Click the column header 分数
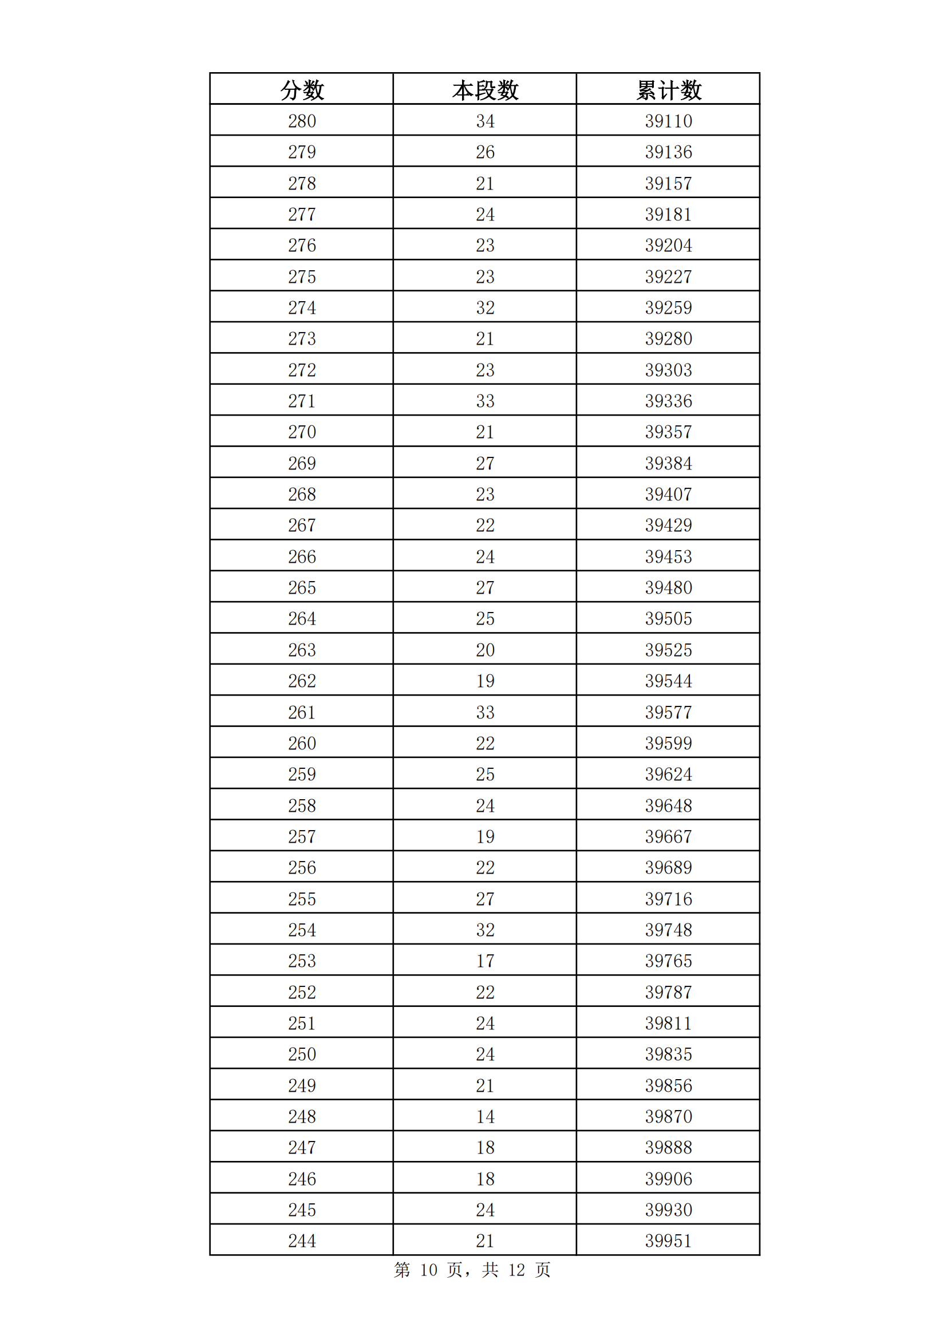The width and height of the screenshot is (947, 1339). pos(302,90)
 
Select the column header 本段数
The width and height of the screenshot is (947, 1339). pos(484,90)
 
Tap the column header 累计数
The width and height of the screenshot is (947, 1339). pos(668,90)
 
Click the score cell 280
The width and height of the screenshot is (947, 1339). pos(302,121)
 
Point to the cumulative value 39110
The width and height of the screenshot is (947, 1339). pos(668,121)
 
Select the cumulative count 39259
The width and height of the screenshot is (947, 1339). pos(668,307)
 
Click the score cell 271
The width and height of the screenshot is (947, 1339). pos(302,401)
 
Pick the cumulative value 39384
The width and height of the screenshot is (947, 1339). pos(668,463)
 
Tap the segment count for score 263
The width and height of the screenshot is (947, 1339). pos(484,650)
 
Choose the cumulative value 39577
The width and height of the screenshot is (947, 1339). pos(668,712)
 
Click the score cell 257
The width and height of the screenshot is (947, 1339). pos(302,836)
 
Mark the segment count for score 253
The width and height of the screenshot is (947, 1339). pos(484,961)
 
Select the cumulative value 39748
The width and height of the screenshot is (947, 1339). pos(668,930)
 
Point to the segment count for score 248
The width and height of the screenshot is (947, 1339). pos(484,1116)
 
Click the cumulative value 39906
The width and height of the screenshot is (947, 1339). pos(668,1179)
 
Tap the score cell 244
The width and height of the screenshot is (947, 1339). pos(302,1241)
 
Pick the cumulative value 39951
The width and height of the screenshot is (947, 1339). pos(668,1241)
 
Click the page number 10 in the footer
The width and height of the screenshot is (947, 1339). pos(429,1270)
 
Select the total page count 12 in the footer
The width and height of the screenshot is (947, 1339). pos(516,1270)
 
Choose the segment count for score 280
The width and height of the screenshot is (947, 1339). pos(484,121)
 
